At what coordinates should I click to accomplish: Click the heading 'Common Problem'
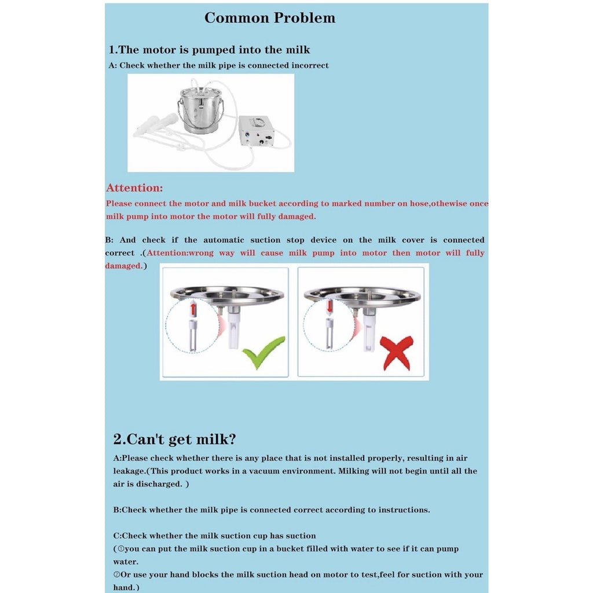tap(270, 18)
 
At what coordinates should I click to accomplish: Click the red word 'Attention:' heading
tap(134, 188)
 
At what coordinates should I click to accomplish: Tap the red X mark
tap(397, 353)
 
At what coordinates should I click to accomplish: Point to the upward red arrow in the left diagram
tap(193, 308)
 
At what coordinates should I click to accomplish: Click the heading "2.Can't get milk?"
tap(175, 439)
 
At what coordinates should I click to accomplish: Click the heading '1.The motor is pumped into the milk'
tap(209, 50)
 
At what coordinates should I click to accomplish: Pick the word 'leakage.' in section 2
tap(130, 471)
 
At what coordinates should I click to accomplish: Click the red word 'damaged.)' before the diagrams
tap(126, 266)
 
